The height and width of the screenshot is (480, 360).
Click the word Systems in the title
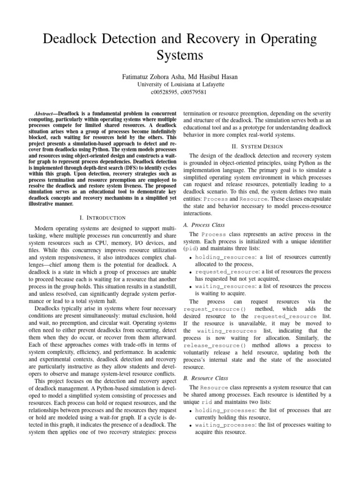180,56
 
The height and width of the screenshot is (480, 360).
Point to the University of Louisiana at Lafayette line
180,84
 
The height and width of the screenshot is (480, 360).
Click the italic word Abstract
46,114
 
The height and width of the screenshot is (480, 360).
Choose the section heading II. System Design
257,146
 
